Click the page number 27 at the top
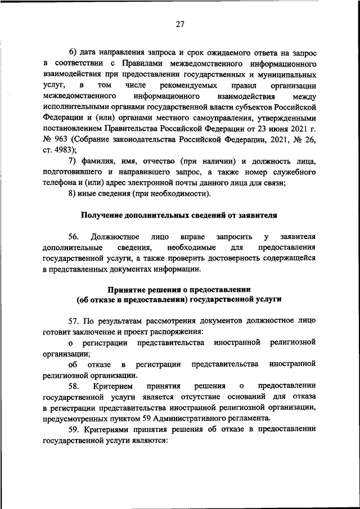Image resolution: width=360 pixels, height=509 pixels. pos(179,24)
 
